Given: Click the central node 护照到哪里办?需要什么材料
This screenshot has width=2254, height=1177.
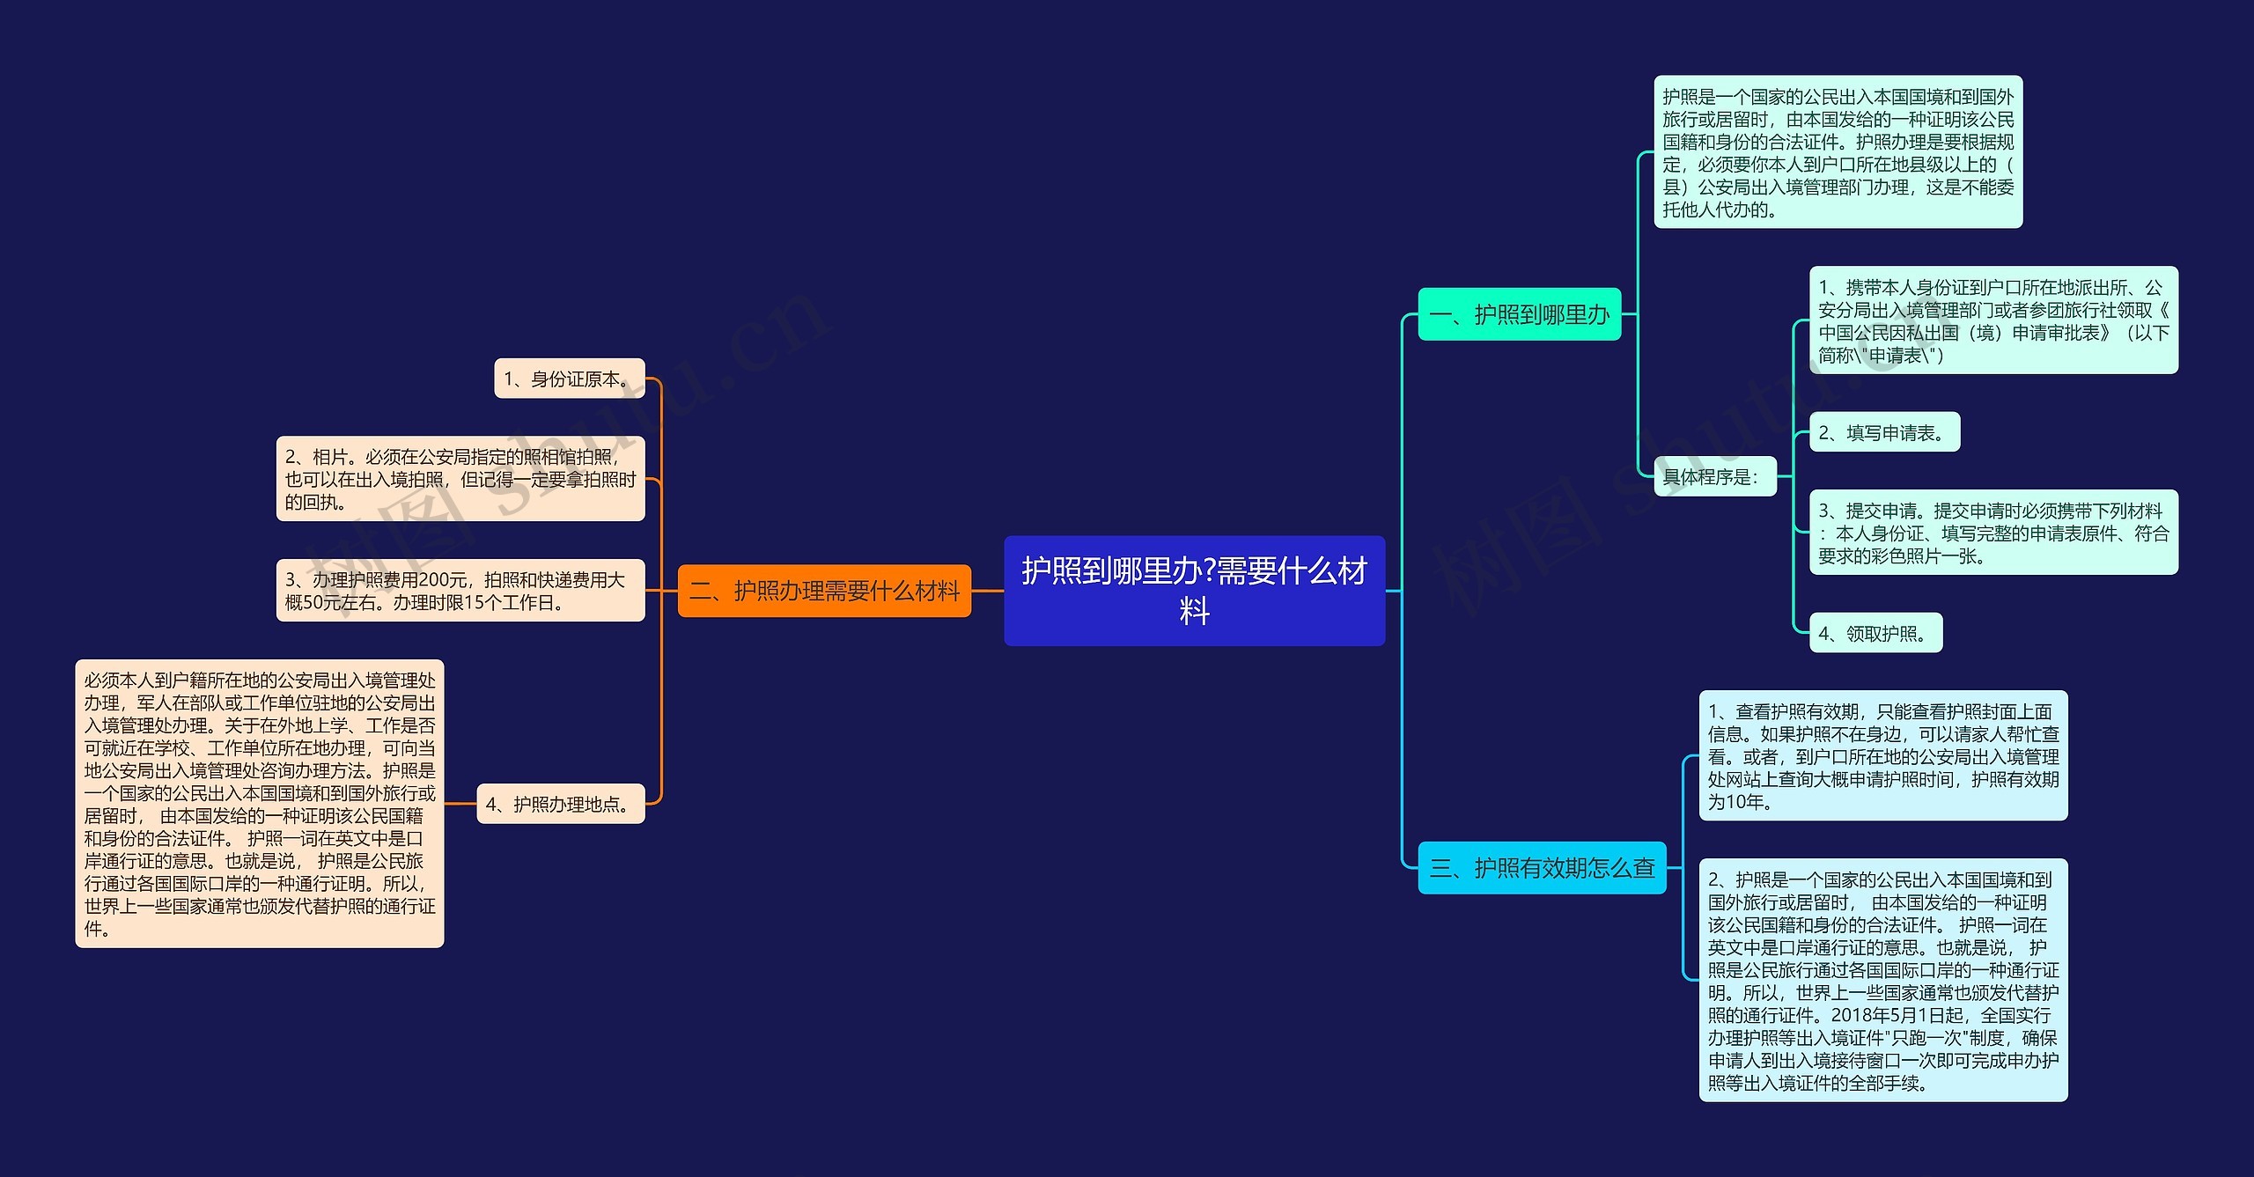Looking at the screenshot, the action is click(x=1194, y=590).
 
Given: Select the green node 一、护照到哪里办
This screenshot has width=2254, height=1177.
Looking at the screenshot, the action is click(x=1519, y=314).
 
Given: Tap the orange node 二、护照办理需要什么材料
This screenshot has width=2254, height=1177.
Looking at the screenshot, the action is click(x=824, y=591).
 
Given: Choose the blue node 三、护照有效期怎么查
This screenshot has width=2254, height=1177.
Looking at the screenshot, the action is click(x=1542, y=868).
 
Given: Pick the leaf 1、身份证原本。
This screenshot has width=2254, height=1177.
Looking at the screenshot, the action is click(x=570, y=379).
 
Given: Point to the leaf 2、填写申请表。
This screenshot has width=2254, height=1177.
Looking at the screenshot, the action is click(x=1884, y=432).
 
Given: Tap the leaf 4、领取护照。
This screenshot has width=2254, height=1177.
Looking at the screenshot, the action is click(x=1875, y=633).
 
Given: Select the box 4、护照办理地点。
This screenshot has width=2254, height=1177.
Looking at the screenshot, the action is click(x=561, y=804).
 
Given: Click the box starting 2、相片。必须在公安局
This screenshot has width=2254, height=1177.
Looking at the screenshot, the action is click(x=460, y=479).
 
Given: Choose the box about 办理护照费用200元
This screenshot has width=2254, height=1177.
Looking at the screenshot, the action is click(x=460, y=591).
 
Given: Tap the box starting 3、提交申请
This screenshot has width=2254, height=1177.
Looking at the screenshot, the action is click(x=1993, y=533).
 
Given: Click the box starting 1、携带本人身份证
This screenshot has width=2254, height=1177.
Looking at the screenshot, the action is click(x=1993, y=320).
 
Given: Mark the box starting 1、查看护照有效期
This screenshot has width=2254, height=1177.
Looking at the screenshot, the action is click(x=1883, y=756).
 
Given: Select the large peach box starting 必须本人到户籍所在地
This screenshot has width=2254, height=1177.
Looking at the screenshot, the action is click(x=260, y=804).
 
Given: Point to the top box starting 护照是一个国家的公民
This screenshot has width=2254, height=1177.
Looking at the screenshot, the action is click(x=1838, y=152).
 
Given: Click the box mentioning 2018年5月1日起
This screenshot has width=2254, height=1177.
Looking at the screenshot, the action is click(x=1883, y=981).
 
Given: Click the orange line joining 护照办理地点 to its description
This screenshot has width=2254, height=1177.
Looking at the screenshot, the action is click(x=460, y=804).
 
